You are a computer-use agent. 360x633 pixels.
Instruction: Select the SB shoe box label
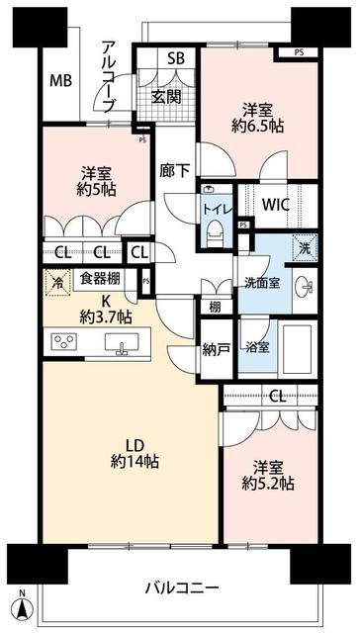tap(176, 58)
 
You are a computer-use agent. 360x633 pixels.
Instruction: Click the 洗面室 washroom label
tap(262, 282)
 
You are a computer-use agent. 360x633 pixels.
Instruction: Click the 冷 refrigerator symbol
tap(57, 282)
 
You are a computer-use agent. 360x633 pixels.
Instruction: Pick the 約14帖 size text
tap(136, 461)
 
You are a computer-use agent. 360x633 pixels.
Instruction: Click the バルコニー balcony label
tap(181, 588)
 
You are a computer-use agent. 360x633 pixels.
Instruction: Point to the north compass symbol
tap(23, 603)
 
